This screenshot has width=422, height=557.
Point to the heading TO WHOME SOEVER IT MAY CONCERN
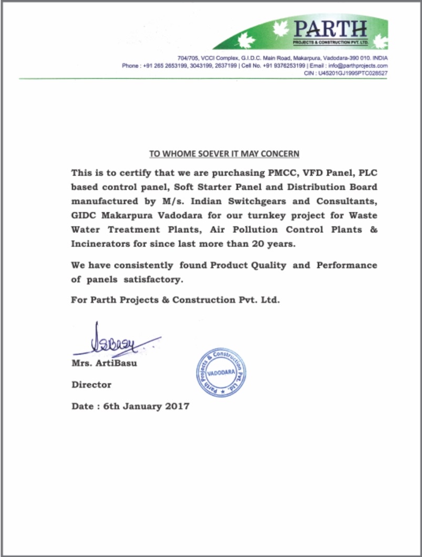(224, 154)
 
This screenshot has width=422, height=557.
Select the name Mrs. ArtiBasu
(104, 364)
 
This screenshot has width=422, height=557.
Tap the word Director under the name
(91, 385)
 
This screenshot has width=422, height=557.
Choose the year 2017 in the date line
(176, 406)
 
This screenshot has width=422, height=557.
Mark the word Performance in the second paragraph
(346, 265)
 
